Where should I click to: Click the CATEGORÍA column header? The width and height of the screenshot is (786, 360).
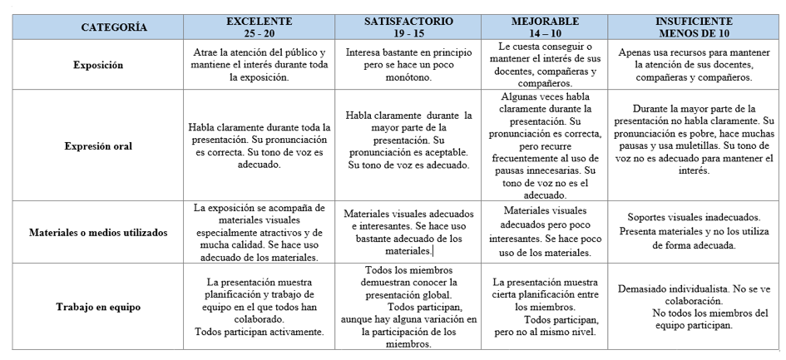coord(114,27)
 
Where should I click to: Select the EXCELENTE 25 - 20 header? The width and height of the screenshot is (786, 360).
coord(260,27)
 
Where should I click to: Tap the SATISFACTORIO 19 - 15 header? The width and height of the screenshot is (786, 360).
coord(408,27)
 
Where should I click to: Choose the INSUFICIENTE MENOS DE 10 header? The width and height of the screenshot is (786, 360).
coord(694,27)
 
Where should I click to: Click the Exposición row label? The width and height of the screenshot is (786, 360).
coord(98,64)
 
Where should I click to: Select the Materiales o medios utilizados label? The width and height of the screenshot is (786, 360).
coord(98,233)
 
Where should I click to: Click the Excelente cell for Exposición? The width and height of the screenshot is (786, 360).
coord(260,64)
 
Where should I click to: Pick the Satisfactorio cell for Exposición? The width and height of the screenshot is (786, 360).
coord(408,64)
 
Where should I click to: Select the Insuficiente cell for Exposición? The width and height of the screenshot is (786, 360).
coord(694,64)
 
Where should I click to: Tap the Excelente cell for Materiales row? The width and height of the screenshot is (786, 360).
coord(260,233)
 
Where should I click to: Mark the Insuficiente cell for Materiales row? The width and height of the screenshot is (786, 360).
coord(694,233)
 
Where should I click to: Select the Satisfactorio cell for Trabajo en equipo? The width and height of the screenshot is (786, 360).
coord(408,306)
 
